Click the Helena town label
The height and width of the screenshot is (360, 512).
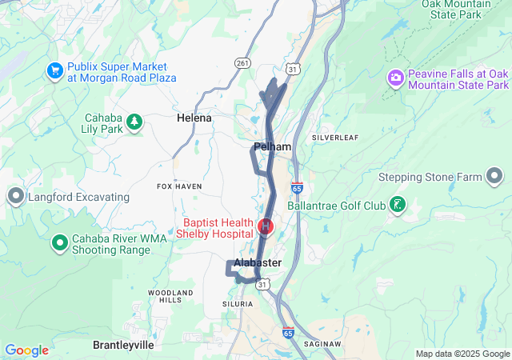tap(194, 118)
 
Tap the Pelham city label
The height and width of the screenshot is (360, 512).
tap(272, 147)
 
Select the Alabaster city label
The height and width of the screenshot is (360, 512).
tap(258, 262)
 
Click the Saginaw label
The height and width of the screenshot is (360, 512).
tap(322, 344)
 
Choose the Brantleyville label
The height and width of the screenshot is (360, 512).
tap(123, 345)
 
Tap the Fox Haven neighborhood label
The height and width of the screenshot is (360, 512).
tap(179, 186)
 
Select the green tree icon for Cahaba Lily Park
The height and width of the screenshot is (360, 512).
tap(135, 121)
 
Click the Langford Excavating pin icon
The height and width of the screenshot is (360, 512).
tap(15, 196)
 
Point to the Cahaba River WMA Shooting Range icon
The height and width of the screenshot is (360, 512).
tap(59, 242)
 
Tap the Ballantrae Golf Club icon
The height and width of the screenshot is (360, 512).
tap(396, 206)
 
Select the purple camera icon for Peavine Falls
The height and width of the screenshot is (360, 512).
tap(394, 78)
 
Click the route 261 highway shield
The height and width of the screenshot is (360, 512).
tap(243, 62)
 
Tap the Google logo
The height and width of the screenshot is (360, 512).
tap(26, 350)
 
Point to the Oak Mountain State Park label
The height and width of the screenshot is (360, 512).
tap(455, 10)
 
